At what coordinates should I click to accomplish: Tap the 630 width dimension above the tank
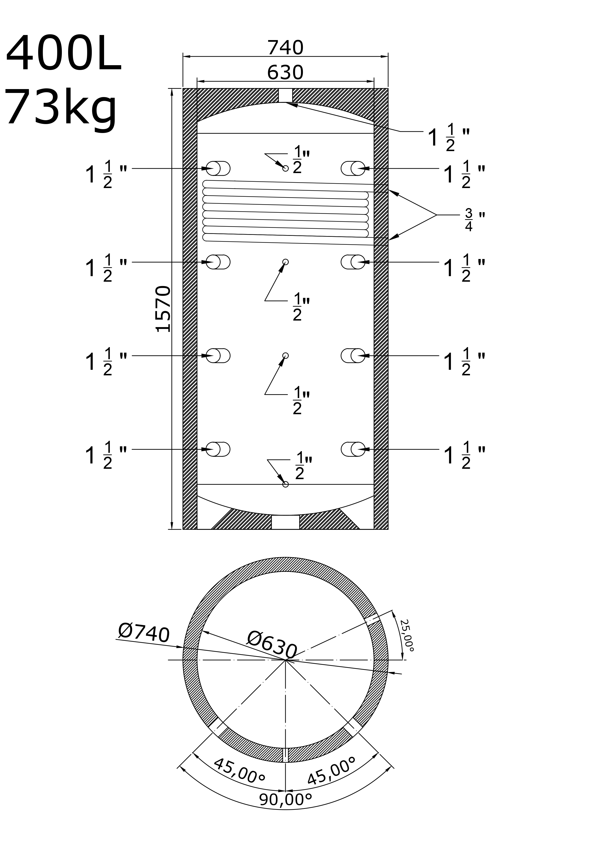(285, 73)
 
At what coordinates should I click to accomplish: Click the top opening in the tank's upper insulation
(285, 95)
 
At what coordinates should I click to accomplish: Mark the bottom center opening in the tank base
(285, 522)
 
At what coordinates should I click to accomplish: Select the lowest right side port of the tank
(353, 449)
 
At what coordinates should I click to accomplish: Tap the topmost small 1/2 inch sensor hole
(285, 168)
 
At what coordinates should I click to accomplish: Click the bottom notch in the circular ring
(285, 755)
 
